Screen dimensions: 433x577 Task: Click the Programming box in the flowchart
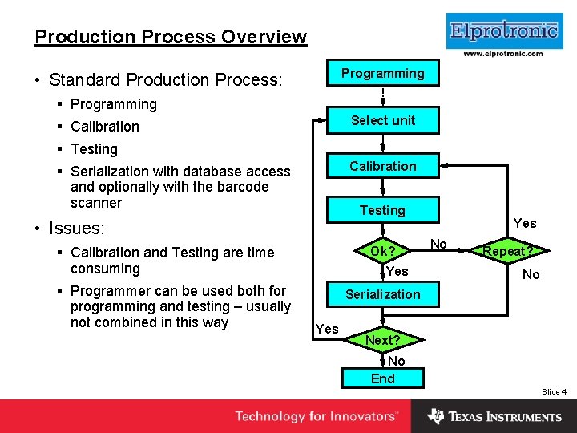pyautogui.click(x=383, y=74)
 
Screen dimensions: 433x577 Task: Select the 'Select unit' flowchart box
pyautogui.click(x=383, y=121)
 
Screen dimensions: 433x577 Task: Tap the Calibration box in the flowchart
pyautogui.click(x=383, y=167)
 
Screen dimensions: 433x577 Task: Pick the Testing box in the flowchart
pyautogui.click(x=383, y=211)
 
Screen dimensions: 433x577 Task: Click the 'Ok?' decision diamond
pyautogui.click(x=383, y=252)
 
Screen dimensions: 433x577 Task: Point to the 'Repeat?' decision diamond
pyautogui.click(x=508, y=251)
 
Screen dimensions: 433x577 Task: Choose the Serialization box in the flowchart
pyautogui.click(x=383, y=294)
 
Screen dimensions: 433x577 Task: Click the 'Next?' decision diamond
pyautogui.click(x=383, y=340)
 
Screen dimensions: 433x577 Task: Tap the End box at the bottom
pyautogui.click(x=383, y=378)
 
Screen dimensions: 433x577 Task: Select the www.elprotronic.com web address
pyautogui.click(x=502, y=55)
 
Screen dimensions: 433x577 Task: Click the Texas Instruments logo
pyautogui.click(x=494, y=416)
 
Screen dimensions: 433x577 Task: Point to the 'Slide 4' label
pyautogui.click(x=554, y=391)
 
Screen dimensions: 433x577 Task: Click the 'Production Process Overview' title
pyautogui.click(x=171, y=37)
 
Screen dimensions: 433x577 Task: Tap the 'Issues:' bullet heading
pyautogui.click(x=76, y=228)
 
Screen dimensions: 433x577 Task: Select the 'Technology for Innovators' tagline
pyautogui.click(x=316, y=416)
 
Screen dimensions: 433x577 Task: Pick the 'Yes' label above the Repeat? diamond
pyautogui.click(x=525, y=223)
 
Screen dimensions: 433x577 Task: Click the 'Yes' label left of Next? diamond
pyautogui.click(x=327, y=329)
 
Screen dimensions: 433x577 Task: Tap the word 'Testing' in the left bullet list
pyautogui.click(x=94, y=149)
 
